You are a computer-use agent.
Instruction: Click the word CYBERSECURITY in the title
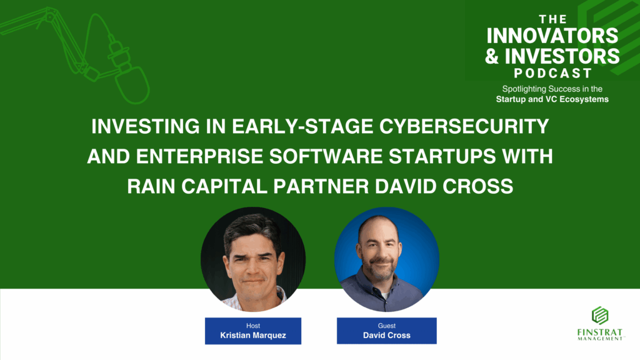[x=464, y=126]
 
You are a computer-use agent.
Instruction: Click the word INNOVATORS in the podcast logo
[x=552, y=36]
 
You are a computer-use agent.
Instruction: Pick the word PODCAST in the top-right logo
[x=552, y=74]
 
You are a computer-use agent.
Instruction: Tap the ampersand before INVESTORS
[x=492, y=56]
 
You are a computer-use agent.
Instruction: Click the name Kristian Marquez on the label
[x=253, y=336]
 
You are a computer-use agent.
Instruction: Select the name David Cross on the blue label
[x=386, y=336]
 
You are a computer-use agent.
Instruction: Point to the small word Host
[x=253, y=326]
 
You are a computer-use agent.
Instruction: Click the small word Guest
[x=386, y=326]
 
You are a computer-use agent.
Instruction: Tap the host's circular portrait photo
[x=253, y=259]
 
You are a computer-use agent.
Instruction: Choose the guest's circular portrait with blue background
[x=386, y=259]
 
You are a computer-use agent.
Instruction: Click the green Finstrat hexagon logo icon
[x=600, y=316]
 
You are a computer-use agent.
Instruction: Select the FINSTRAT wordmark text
[x=599, y=332]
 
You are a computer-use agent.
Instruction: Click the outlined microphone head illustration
[x=131, y=84]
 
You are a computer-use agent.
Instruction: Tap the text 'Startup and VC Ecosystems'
[x=552, y=99]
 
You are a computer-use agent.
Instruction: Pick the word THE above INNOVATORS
[x=552, y=19]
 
